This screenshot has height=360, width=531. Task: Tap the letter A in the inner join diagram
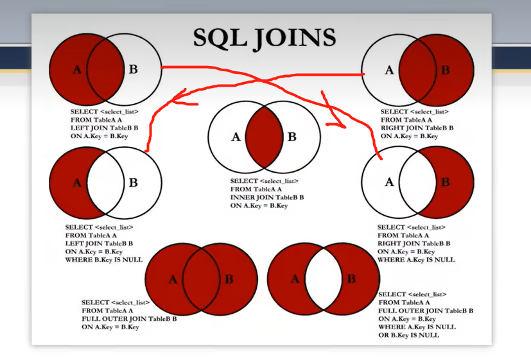tap(236, 137)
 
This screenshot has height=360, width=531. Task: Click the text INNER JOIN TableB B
tap(266, 198)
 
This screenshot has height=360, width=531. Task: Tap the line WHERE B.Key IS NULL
tap(103, 260)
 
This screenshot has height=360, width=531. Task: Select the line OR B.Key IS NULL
tap(409, 335)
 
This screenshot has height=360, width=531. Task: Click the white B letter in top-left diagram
tap(134, 69)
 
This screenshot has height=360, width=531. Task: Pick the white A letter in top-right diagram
tap(389, 70)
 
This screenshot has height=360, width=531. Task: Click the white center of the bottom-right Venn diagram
tap(323, 279)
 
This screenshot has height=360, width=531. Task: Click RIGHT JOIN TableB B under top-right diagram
tap(417, 128)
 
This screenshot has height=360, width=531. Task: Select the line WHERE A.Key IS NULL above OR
tap(417, 327)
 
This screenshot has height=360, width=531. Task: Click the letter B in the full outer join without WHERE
tap(229, 279)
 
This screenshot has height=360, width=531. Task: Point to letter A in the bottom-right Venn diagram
tap(295, 279)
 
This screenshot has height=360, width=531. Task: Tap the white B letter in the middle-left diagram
tap(134, 183)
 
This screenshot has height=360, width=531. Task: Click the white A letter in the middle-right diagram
tap(389, 182)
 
